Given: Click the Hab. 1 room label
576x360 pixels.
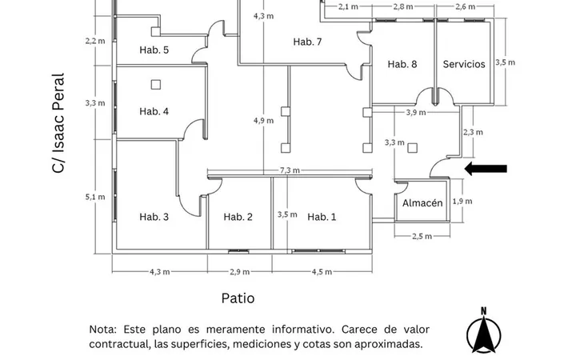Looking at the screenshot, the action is [x=322, y=217].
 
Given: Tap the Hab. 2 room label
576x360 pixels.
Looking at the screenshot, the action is [x=238, y=217].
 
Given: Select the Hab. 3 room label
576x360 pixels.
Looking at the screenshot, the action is [x=154, y=217].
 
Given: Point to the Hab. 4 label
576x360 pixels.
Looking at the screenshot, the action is [x=154, y=111].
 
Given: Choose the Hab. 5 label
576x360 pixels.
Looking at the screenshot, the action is [x=154, y=50].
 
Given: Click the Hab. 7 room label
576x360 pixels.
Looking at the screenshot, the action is [x=307, y=42].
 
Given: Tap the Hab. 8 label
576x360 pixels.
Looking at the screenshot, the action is [x=402, y=64].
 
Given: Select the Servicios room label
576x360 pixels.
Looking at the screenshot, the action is [x=464, y=64].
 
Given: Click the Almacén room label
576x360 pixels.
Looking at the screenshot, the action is [x=422, y=202].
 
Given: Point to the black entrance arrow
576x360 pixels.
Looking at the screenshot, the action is [x=486, y=169].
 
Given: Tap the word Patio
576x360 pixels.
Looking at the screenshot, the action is [x=238, y=298].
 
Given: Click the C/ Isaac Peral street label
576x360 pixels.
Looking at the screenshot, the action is [x=58, y=122].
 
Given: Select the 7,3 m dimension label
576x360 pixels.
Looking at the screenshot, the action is [x=290, y=170].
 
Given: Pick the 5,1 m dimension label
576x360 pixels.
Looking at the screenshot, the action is [x=95, y=197].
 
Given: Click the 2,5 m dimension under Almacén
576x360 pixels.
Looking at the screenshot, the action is [x=422, y=236].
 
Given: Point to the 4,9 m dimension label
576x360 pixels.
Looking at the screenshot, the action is [x=263, y=121].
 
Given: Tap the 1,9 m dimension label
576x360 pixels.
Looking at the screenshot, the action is [x=462, y=202].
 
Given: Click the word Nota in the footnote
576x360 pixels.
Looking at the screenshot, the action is [x=103, y=329].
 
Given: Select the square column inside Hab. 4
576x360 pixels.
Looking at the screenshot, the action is [x=156, y=85].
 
